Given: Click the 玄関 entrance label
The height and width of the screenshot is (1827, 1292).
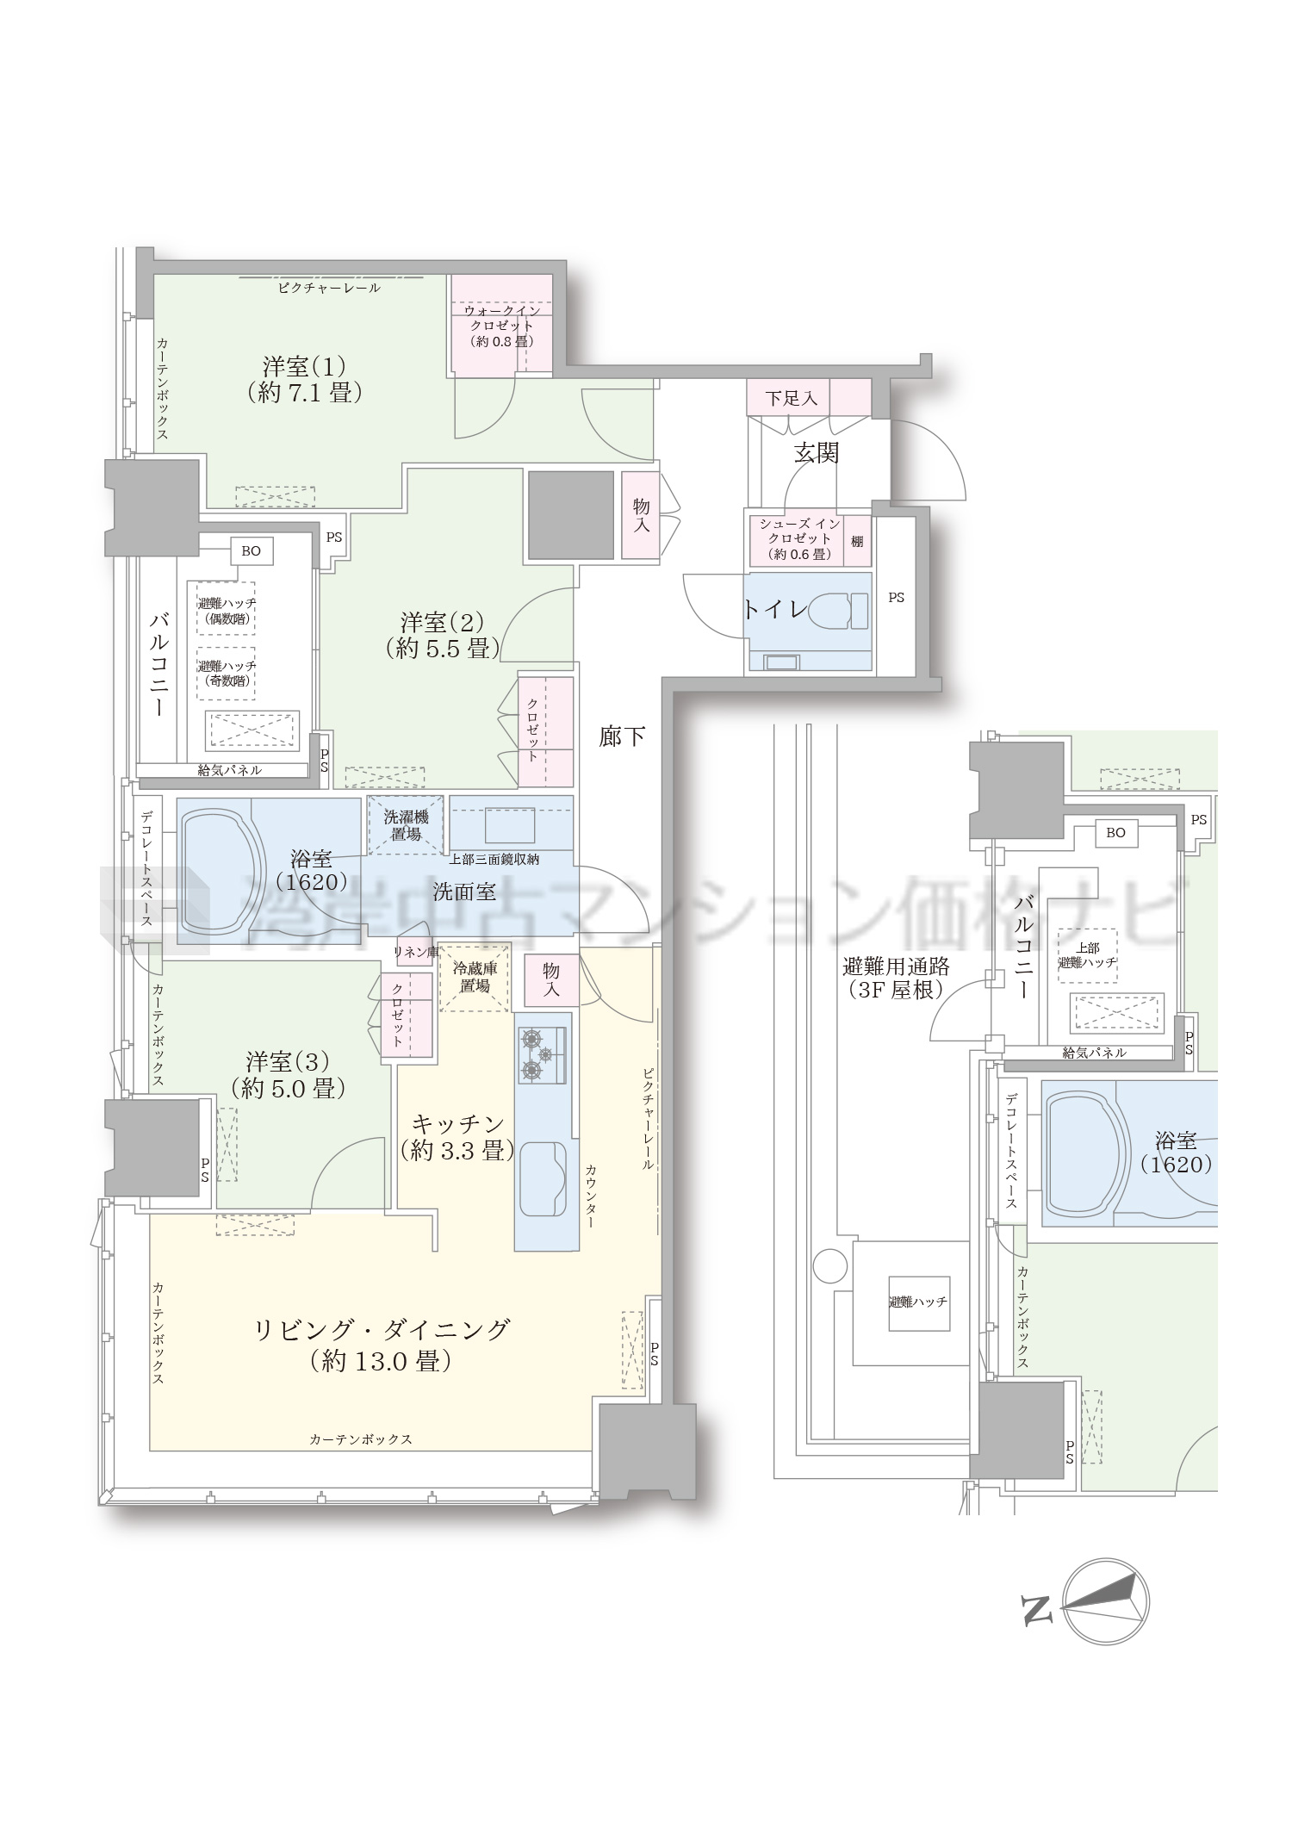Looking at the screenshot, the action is (x=816, y=452).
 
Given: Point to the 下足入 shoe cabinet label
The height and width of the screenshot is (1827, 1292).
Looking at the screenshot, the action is (x=791, y=398).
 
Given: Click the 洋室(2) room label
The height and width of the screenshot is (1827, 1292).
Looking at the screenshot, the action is (x=442, y=634).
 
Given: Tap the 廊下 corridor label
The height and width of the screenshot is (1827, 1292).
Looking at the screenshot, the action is (x=622, y=736).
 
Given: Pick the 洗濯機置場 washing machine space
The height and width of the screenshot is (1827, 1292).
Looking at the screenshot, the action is (x=406, y=825).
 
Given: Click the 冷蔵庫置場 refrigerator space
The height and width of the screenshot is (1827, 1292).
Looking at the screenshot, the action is (x=474, y=978).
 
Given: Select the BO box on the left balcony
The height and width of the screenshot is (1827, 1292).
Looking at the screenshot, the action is (x=251, y=550).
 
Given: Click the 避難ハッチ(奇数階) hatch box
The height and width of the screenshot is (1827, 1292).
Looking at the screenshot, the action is (x=227, y=674).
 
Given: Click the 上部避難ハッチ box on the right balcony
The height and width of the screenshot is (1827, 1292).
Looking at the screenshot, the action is (x=1087, y=955).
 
